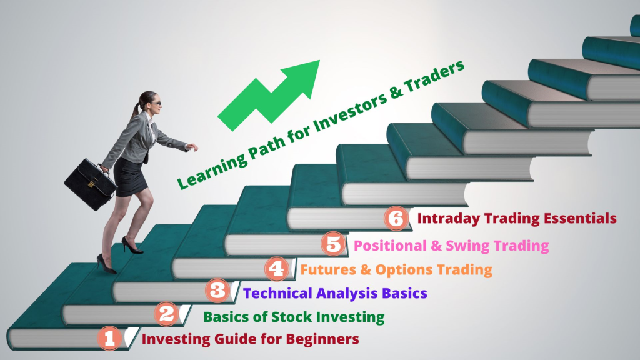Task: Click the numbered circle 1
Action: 109,338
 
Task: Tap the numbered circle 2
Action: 166,314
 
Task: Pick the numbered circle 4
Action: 277,269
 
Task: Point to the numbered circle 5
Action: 334,244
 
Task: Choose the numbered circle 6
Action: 396,218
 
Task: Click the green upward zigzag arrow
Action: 269,96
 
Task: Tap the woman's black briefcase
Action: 91,184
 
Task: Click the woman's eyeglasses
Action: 156,103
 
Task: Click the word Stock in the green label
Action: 292,317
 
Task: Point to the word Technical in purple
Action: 277,293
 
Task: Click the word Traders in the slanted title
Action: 434,78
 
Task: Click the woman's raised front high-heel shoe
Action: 132,245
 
